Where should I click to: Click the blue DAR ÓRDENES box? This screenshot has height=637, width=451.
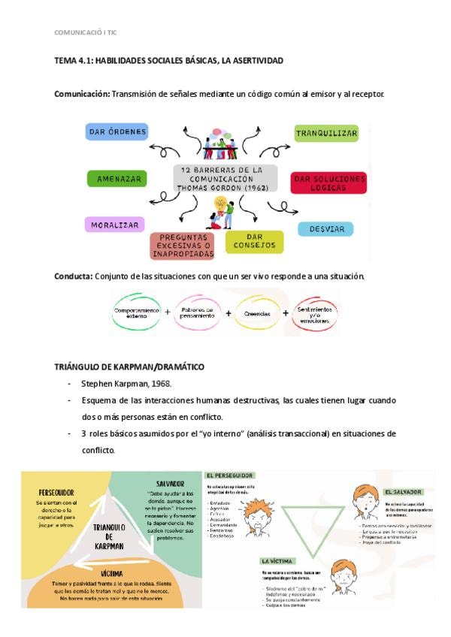pos(117,132)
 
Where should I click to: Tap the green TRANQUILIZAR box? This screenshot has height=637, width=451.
pos(325,133)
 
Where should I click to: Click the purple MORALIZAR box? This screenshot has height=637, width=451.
pos(115,224)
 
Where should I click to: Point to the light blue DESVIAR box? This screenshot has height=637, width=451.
pos(325,228)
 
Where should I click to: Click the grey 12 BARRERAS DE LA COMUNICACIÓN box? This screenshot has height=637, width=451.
pos(225,179)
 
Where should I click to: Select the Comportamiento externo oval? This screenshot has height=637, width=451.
pos(137,312)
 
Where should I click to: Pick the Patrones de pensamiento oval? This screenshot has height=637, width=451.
pos(198,312)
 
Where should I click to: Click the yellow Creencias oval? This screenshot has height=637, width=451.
pos(256,312)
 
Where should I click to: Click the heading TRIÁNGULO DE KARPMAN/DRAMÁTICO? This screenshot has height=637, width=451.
pos(129,366)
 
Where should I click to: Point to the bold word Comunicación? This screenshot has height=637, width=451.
pos(82,94)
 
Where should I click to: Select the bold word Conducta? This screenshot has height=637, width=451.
pos(73,276)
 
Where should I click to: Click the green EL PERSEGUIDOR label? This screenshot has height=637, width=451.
pos(230,475)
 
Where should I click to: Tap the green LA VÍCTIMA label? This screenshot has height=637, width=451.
pos(277,560)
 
